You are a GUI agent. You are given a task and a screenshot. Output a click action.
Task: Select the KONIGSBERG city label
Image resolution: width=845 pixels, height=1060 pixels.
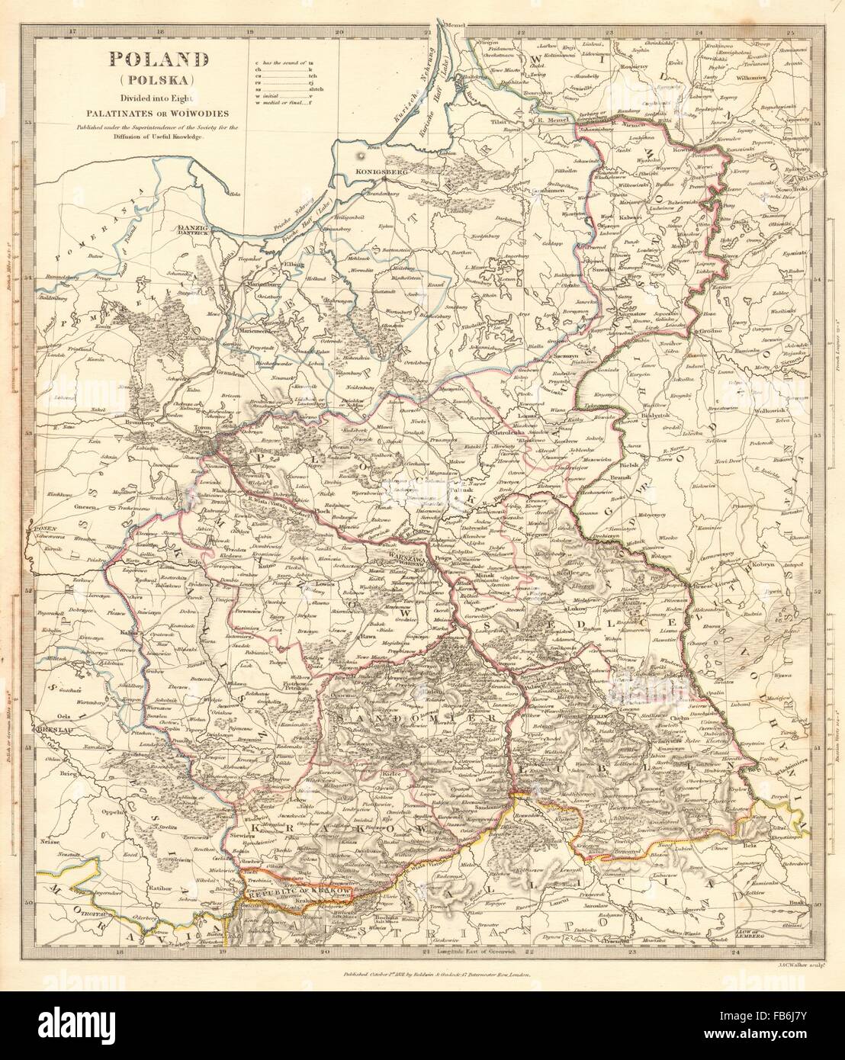tap(374, 172)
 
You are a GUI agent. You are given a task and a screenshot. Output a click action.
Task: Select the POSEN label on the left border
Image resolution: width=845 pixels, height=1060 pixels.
tap(40, 526)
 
